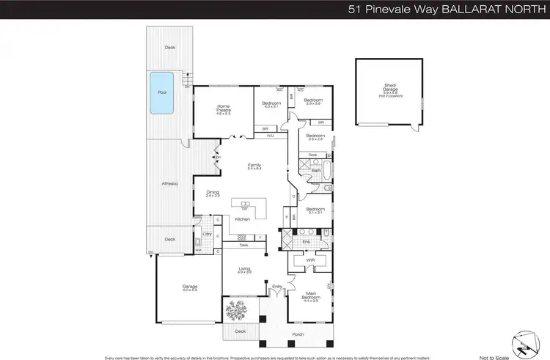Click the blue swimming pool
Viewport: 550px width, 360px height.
coord(162,93)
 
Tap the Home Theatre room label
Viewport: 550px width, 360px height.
coord(223,111)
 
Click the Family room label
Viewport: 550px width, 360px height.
coord(254,166)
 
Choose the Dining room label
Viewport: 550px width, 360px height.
coord(213,194)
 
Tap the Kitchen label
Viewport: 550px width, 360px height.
coord(243,218)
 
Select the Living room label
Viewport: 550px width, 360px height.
coord(244,269)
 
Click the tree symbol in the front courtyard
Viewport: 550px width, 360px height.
coord(236,312)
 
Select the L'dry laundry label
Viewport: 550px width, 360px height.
coord(206,233)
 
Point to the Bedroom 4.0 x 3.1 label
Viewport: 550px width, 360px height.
coord(272,105)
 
